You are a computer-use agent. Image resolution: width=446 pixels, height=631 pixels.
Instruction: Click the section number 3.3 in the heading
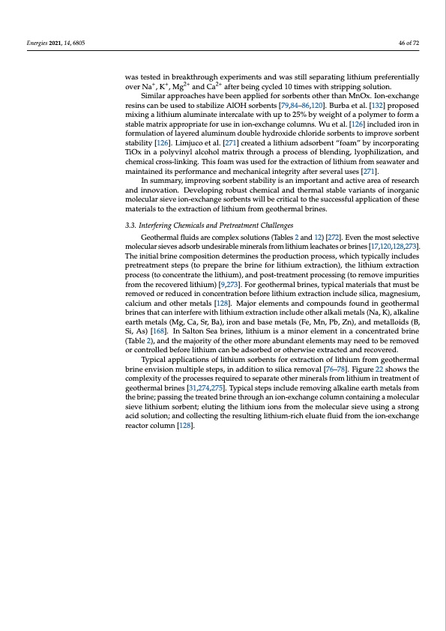pos(130,225)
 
